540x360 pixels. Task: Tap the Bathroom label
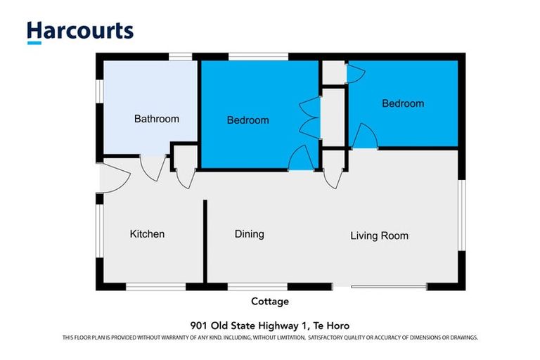pos(156,119)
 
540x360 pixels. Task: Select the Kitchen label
pos(147,233)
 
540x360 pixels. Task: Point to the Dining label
pos(249,233)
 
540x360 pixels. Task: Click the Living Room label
pos(379,236)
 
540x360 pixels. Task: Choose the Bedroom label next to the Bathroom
pos(247,120)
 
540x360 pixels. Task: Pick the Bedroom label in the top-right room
pos(402,103)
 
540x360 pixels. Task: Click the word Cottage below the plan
pos(270,301)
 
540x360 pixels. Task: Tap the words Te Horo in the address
pos(331,325)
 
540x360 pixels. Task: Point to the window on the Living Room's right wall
pos(461,214)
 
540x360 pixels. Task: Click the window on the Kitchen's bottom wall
pos(155,286)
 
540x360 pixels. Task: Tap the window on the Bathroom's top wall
pos(181,56)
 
